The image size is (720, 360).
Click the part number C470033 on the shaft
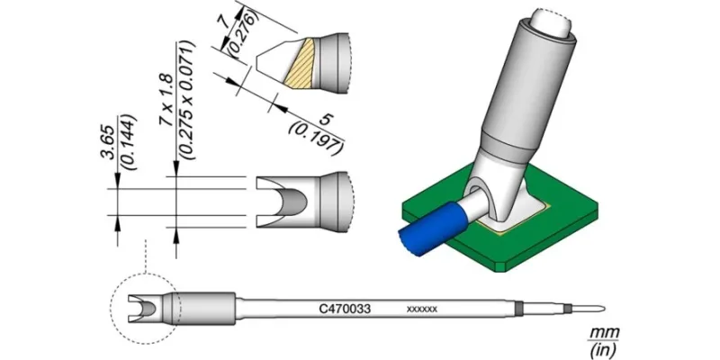(345, 310)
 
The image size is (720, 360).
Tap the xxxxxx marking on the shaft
(421, 310)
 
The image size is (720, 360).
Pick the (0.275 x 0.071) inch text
(188, 100)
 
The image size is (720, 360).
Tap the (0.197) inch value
(316, 139)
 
